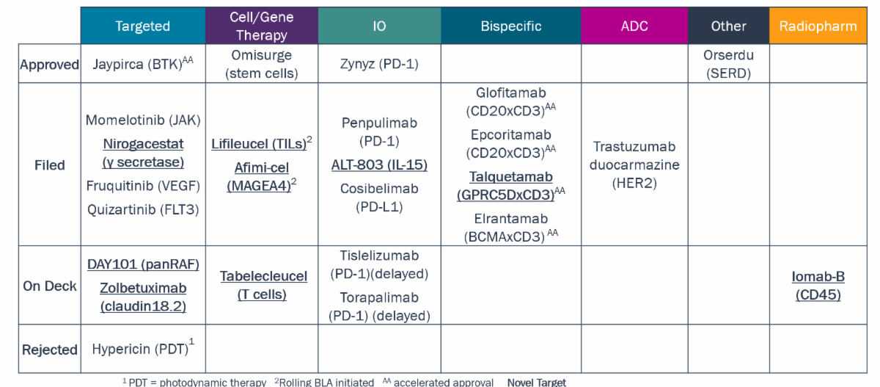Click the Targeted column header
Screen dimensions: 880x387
(x=142, y=26)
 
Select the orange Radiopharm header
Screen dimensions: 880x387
(x=818, y=26)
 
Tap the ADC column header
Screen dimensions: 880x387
(x=634, y=26)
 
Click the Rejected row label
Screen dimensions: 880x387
(x=50, y=350)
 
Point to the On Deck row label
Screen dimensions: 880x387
(x=50, y=286)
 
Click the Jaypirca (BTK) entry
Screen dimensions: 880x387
(x=142, y=63)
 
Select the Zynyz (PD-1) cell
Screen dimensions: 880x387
(x=379, y=64)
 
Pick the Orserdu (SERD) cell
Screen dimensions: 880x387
(x=728, y=64)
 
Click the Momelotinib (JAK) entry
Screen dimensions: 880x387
(x=143, y=120)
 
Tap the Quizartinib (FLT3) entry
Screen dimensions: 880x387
(x=143, y=209)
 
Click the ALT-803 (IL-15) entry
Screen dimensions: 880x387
(x=379, y=164)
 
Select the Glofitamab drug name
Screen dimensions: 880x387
(x=510, y=93)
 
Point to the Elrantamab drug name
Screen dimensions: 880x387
(x=510, y=219)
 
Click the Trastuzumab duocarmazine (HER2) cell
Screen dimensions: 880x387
(x=634, y=164)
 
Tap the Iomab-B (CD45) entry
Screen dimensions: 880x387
(x=818, y=286)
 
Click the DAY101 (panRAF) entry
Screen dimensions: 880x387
(x=143, y=264)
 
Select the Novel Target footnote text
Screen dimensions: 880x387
(x=537, y=383)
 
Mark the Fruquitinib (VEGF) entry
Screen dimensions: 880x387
(x=143, y=186)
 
